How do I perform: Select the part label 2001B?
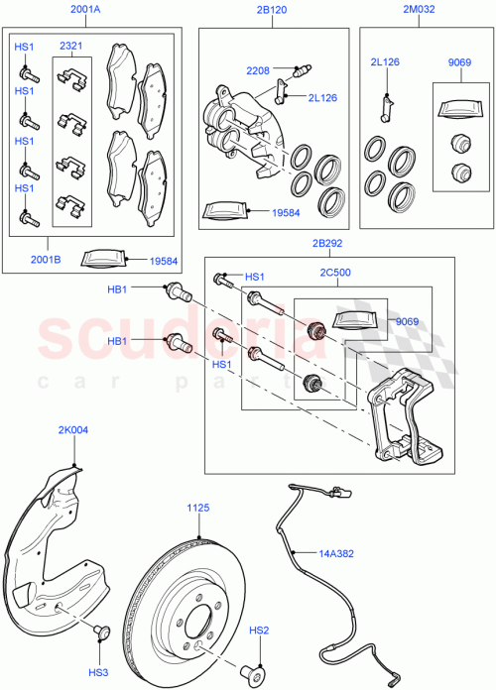click(44, 261)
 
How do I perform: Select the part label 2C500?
click(336, 271)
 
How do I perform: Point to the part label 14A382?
click(335, 554)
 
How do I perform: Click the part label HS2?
click(259, 631)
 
